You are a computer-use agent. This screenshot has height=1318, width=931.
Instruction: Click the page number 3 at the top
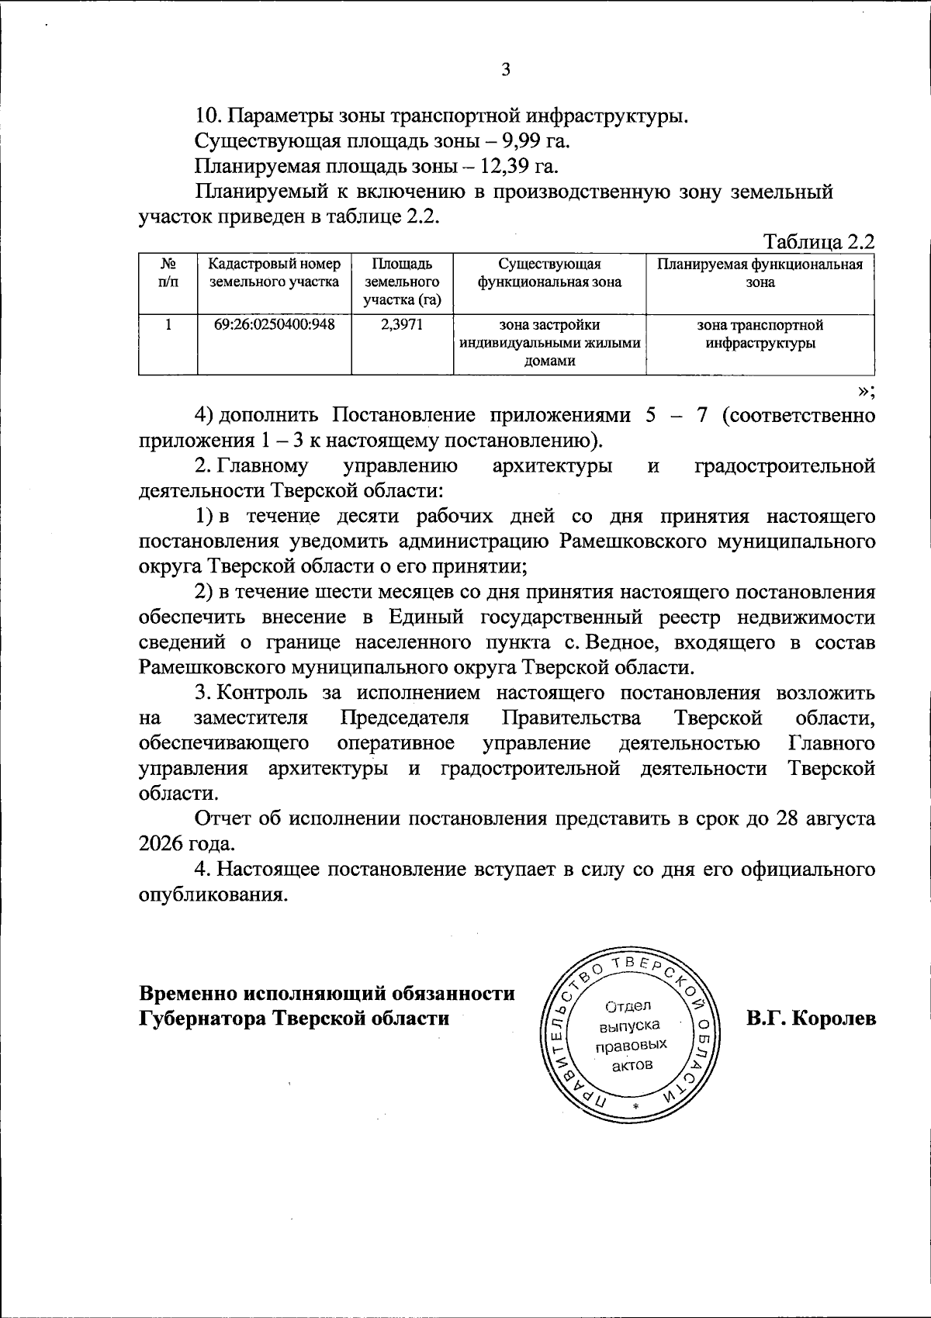(506, 70)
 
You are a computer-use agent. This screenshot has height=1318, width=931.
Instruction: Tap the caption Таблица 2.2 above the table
(819, 241)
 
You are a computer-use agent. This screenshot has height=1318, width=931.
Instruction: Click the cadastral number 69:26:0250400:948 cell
(275, 324)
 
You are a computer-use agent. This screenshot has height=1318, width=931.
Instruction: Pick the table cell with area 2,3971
(402, 324)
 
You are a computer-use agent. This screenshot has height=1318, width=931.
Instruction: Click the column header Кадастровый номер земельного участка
(275, 273)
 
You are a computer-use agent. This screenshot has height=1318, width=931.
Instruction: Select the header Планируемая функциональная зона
(760, 273)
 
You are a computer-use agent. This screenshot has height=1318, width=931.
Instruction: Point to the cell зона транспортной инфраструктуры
(760, 334)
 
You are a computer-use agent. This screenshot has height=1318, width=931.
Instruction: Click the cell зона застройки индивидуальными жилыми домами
(549, 342)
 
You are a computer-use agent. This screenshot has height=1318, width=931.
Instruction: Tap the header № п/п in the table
(168, 273)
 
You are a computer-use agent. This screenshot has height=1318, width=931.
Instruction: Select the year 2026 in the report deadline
(161, 843)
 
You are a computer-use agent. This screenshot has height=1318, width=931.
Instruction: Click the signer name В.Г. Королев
(812, 1018)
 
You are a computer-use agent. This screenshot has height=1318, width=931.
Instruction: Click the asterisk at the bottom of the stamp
(635, 1105)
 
